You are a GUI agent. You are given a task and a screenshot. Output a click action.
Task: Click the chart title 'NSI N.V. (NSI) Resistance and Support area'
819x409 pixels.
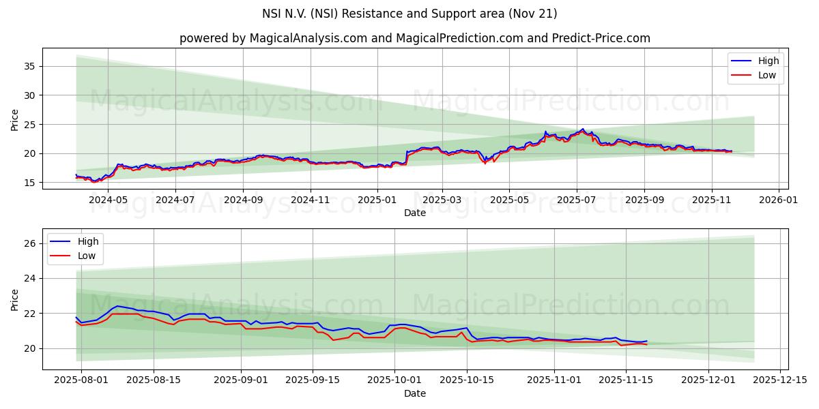[409, 14]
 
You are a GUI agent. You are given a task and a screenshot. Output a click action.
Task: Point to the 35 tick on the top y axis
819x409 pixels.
[29, 66]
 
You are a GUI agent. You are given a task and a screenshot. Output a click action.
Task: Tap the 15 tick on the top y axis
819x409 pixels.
[29, 183]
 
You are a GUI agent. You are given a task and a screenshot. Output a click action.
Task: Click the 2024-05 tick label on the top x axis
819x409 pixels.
[109, 200]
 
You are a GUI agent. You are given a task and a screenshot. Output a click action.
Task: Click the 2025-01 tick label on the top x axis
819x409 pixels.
[377, 200]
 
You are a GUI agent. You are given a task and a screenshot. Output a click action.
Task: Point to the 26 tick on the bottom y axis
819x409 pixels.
[29, 243]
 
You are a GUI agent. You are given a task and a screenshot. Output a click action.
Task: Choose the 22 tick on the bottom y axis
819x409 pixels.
[29, 314]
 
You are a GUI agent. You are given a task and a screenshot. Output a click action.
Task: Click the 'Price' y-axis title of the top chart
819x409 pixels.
[15, 119]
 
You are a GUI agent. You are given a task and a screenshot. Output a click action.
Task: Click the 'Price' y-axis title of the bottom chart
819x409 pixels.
[15, 299]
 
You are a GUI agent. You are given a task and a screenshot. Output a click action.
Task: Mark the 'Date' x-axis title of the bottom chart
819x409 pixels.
[415, 393]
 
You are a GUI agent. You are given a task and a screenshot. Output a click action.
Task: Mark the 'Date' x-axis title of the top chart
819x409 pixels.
[415, 213]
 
